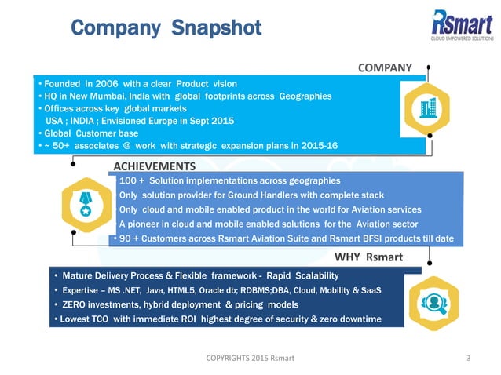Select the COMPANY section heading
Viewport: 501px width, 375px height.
pyautogui.click(x=385, y=67)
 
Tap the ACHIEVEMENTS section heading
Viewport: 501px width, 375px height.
pyautogui.click(x=155, y=166)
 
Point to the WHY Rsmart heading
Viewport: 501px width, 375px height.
pyautogui.click(x=368, y=257)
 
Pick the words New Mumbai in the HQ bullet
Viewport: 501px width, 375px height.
pyautogui.click(x=96, y=96)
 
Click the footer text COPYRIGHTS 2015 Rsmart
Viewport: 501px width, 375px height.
pyautogui.click(x=251, y=359)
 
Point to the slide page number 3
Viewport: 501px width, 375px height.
pyautogui.click(x=469, y=359)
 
